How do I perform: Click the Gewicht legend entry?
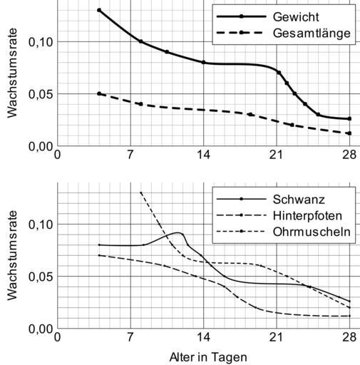[296, 17]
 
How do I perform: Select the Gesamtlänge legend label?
[312, 33]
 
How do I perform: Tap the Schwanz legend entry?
[299, 200]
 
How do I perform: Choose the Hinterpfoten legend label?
[307, 216]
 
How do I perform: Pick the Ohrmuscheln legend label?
[312, 232]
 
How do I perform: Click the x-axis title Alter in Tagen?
[208, 357]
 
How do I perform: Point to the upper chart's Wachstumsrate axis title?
[12, 73]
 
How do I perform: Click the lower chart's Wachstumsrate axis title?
[12, 255]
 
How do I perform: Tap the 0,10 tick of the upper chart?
[41, 42]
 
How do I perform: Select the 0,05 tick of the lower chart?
[41, 277]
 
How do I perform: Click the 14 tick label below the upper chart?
[204, 155]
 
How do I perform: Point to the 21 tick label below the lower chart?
[277, 337]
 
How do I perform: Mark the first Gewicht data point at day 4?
[99, 10]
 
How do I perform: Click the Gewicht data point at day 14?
[204, 62]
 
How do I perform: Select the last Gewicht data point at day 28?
[349, 118]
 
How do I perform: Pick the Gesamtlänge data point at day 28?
[349, 133]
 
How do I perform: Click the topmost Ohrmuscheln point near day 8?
[140, 192]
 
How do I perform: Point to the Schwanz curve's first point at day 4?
[99, 245]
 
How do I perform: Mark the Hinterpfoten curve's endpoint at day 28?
[349, 316]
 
